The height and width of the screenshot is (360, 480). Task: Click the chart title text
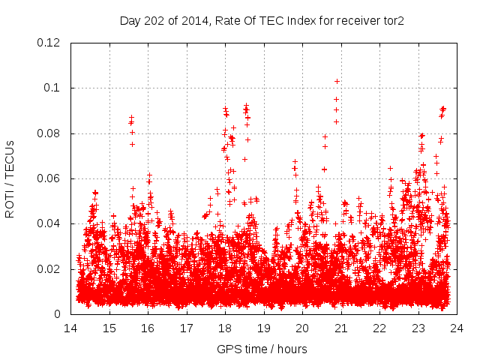click(262, 21)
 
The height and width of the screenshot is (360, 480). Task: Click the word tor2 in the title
click(392, 21)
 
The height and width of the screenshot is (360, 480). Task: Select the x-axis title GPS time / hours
click(262, 349)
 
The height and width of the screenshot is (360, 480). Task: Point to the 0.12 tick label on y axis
click(49, 43)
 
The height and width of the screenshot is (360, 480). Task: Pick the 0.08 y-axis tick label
click(49, 133)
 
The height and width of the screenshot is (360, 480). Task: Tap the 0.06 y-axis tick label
click(49, 178)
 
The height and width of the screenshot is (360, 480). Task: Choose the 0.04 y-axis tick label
click(49, 223)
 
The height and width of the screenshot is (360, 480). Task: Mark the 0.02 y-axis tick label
click(49, 269)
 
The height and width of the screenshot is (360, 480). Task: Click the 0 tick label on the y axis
click(58, 314)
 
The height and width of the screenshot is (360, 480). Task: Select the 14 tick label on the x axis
click(70, 328)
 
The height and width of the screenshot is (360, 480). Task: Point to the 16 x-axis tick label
click(148, 328)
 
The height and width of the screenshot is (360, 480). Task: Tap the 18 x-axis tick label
click(225, 328)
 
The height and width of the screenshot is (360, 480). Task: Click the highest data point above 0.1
click(337, 81)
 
